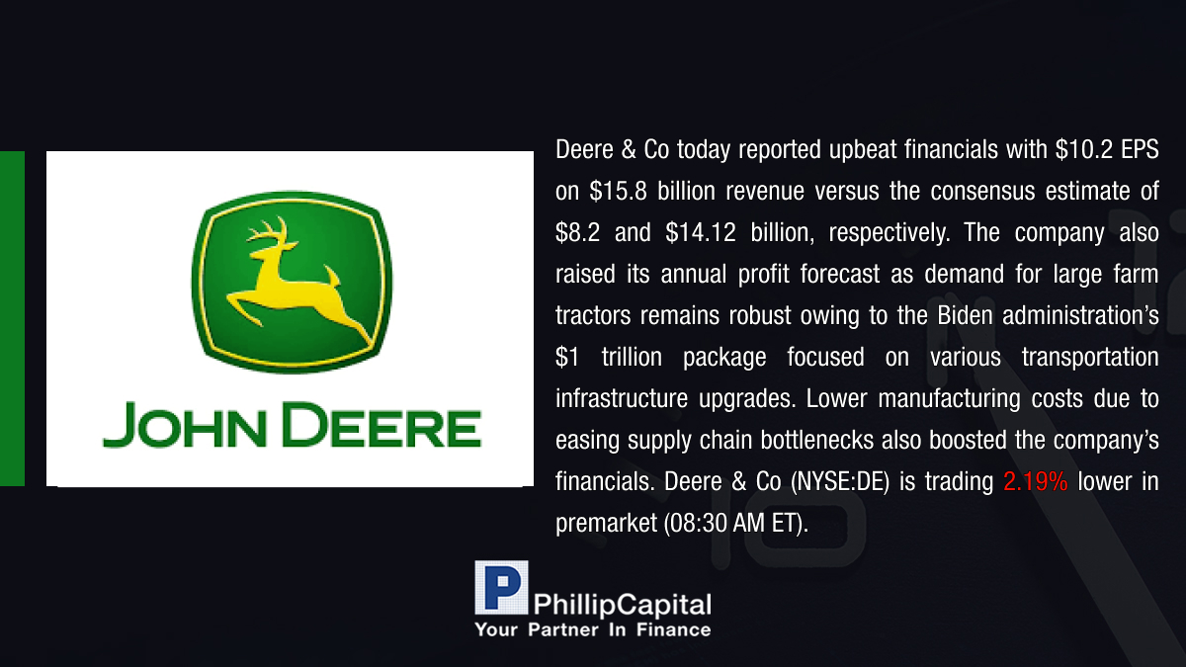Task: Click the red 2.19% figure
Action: point(1035,482)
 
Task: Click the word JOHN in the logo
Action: point(184,425)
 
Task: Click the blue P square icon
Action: point(501,587)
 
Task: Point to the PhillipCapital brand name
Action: point(622,605)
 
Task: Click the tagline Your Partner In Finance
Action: point(593,630)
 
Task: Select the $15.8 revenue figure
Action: point(618,191)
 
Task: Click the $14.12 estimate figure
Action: point(701,232)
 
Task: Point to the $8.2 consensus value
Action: point(577,232)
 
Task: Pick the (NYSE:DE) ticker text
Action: point(840,482)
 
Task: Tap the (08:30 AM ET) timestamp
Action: point(736,524)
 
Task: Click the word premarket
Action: point(606,524)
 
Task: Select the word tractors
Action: point(593,315)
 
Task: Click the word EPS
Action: point(1140,150)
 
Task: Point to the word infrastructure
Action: point(622,398)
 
